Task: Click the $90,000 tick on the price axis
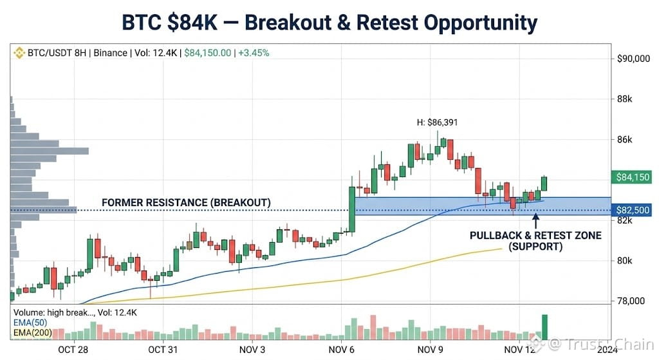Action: (x=633, y=59)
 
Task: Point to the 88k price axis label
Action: (x=624, y=99)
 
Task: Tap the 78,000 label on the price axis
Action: (x=631, y=301)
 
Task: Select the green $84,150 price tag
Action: (x=632, y=177)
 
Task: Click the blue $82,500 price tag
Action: (x=632, y=210)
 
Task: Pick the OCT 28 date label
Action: (x=73, y=350)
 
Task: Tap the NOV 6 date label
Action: (x=341, y=350)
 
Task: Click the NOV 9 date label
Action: (x=430, y=350)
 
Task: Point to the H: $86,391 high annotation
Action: (x=437, y=122)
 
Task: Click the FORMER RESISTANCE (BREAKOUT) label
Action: (x=186, y=203)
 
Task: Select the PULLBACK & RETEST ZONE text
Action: (x=535, y=236)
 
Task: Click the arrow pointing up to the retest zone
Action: (x=535, y=221)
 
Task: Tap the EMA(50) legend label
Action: (x=30, y=323)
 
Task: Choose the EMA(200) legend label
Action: (x=33, y=333)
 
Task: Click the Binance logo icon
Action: (x=19, y=53)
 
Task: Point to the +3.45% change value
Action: (x=254, y=53)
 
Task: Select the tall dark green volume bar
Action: (x=544, y=327)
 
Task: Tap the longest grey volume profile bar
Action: (x=50, y=151)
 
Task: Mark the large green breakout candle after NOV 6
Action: (x=352, y=209)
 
